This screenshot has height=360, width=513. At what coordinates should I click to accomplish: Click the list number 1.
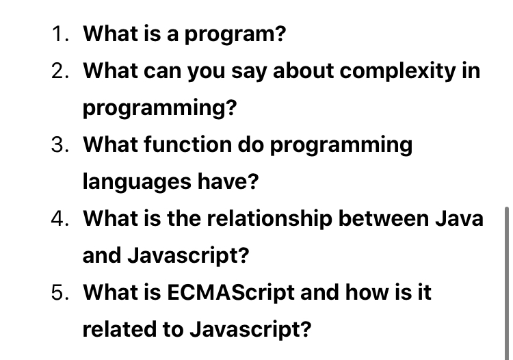click(60, 34)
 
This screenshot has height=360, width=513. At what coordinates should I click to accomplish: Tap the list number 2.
click(60, 70)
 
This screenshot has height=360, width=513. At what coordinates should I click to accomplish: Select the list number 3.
click(60, 144)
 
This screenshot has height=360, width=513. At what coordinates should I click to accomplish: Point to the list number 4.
click(60, 218)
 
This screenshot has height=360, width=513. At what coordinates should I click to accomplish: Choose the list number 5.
click(60, 292)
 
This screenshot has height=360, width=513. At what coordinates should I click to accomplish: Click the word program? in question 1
click(235, 35)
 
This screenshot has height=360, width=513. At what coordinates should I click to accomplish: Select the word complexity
click(397, 72)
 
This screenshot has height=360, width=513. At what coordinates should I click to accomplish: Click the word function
click(188, 144)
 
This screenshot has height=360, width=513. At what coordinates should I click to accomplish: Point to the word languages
click(137, 182)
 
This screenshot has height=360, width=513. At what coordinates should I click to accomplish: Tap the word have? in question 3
click(228, 181)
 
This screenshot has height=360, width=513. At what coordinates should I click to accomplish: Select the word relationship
click(269, 219)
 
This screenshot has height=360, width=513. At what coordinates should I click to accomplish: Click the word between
click(383, 218)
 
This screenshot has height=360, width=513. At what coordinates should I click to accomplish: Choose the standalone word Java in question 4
click(459, 218)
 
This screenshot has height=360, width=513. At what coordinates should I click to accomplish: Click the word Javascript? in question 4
click(188, 256)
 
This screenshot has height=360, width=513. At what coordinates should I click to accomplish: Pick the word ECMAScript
click(231, 292)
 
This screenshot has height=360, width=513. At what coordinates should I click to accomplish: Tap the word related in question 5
click(119, 329)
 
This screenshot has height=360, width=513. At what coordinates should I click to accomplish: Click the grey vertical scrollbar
click(507, 283)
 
